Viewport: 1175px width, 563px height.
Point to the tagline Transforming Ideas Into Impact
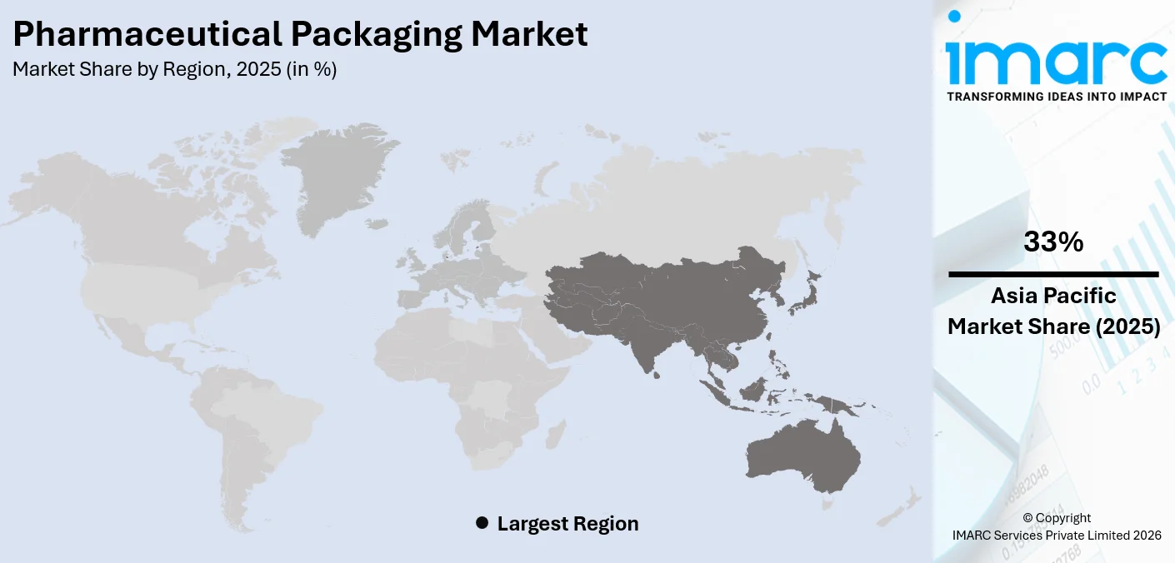[1056, 97]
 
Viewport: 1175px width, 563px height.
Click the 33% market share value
[1053, 242]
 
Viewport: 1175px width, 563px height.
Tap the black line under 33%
[1053, 274]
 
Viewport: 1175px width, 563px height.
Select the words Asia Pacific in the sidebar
[1053, 296]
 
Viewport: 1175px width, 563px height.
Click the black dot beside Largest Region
[482, 523]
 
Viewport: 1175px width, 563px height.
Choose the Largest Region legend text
[567, 524]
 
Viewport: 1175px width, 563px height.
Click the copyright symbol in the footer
[1027, 518]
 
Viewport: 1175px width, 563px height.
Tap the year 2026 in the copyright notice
[1144, 536]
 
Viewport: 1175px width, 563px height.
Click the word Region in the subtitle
[194, 70]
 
